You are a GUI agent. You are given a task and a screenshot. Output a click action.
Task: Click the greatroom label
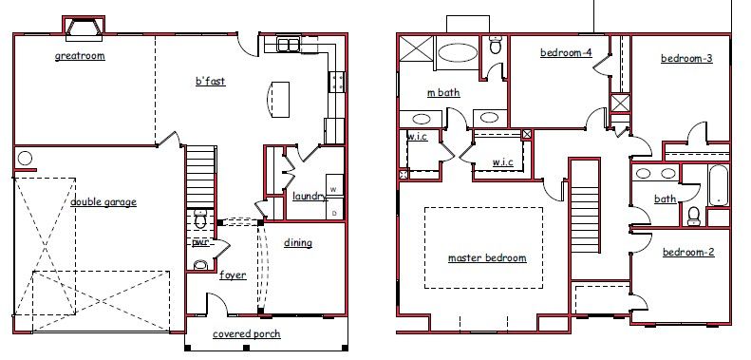(x=80, y=56)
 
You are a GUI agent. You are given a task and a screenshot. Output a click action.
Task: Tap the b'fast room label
(x=210, y=81)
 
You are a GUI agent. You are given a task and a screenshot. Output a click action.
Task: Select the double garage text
(x=103, y=201)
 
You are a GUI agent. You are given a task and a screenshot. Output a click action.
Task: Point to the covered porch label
(x=247, y=334)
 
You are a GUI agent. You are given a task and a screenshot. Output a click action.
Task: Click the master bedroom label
(x=487, y=258)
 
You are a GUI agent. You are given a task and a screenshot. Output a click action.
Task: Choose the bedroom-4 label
(x=566, y=52)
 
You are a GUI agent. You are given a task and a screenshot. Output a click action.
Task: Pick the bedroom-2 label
(x=688, y=252)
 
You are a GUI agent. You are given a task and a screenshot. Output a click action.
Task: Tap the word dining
(x=298, y=243)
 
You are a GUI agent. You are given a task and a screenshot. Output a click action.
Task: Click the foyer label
(x=233, y=275)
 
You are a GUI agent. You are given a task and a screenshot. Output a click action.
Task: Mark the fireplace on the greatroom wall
(x=84, y=26)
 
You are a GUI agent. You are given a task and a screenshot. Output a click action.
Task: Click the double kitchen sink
(x=289, y=45)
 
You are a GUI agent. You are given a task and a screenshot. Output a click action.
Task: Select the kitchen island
(x=278, y=100)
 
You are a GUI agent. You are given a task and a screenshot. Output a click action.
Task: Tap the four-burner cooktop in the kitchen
(x=336, y=81)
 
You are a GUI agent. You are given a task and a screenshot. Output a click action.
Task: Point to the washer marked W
(x=334, y=189)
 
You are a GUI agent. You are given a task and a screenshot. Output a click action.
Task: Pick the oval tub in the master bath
(x=459, y=53)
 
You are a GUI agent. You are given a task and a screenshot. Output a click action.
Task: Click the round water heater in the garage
(x=25, y=159)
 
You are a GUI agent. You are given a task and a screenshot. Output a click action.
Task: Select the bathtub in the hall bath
(x=719, y=185)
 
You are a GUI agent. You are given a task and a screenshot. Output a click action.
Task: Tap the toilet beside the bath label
(x=693, y=216)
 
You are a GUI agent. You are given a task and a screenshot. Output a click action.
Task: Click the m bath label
(x=443, y=92)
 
